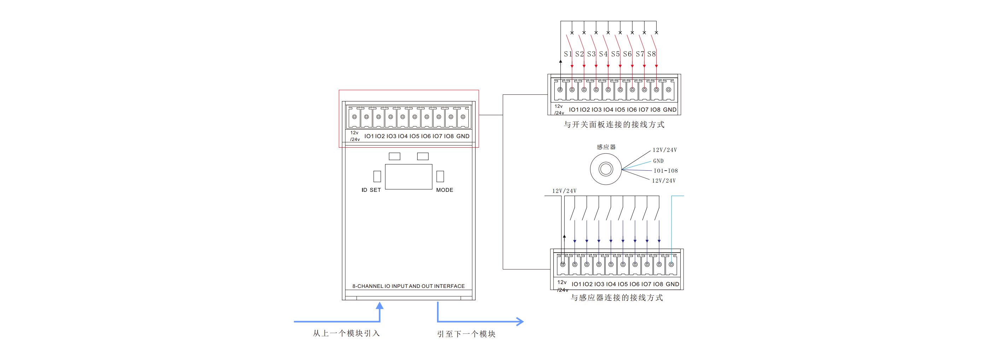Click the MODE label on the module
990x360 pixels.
(444, 190)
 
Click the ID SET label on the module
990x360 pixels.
(371, 190)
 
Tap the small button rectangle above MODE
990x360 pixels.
(440, 176)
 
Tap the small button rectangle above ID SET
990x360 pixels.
(377, 176)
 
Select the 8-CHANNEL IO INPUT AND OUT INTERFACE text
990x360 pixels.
(408, 286)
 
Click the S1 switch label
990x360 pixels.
(567, 54)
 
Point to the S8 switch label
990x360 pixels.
(651, 54)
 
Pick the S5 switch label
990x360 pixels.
(615, 54)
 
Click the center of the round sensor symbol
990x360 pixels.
(606, 169)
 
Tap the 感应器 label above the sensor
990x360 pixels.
(606, 147)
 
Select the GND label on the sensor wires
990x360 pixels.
(658, 161)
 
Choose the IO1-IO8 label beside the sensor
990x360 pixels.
(666, 171)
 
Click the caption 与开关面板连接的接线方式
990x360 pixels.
(614, 124)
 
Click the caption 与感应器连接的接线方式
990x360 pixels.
(616, 297)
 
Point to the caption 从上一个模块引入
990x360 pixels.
(346, 333)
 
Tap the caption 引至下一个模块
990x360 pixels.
(466, 334)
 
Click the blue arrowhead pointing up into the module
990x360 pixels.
(380, 306)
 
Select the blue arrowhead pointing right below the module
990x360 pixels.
(520, 321)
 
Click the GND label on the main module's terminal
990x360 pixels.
(462, 136)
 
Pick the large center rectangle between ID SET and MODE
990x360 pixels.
(408, 177)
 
